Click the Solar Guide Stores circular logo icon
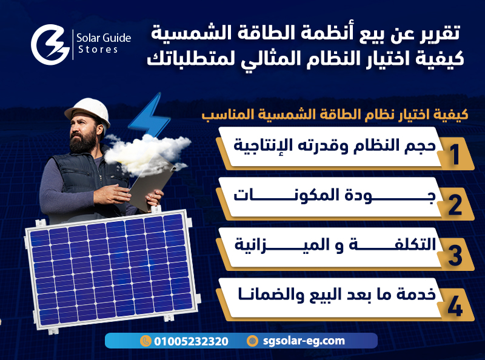click(x=50, y=44)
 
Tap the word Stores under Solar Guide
click(x=98, y=50)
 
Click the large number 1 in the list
click(x=455, y=155)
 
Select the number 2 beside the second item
click(x=455, y=205)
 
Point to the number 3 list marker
click(x=455, y=255)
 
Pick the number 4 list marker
click(x=455, y=306)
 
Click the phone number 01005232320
click(x=191, y=341)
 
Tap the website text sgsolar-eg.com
click(x=304, y=341)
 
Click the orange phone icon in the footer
click(x=145, y=341)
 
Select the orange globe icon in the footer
click(x=252, y=341)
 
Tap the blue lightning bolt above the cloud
click(x=149, y=115)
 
